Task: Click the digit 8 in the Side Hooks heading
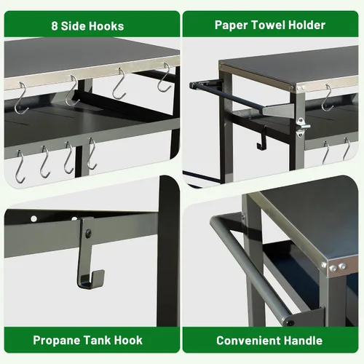click(x=55, y=26)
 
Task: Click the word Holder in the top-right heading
click(x=307, y=25)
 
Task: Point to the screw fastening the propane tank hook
click(x=88, y=233)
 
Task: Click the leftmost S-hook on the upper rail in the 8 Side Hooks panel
click(x=21, y=98)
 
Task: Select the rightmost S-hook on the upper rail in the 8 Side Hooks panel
click(x=165, y=78)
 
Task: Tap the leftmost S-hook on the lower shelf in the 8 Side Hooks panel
click(x=20, y=167)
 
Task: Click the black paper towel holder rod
click(x=228, y=96)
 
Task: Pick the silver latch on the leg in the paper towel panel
click(x=302, y=127)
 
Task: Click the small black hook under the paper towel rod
click(x=262, y=138)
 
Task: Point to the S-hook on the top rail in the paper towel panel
click(x=327, y=98)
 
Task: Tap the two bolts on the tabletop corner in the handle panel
click(x=338, y=267)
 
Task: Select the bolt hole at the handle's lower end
click(x=290, y=323)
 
